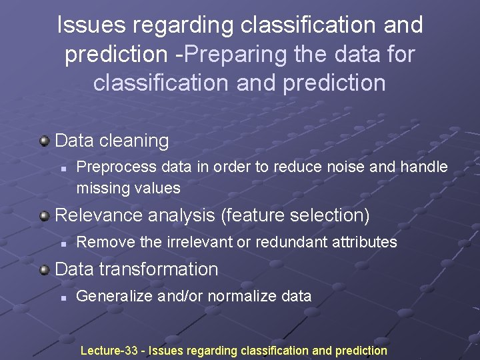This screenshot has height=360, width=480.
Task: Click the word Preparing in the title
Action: pyautogui.click(x=227, y=54)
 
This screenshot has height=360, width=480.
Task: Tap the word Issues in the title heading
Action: pyautogui.click(x=90, y=25)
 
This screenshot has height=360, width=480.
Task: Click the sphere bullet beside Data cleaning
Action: pyautogui.click(x=45, y=141)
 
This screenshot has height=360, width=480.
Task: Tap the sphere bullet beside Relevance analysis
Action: pyautogui.click(x=45, y=215)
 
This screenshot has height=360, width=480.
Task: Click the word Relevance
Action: pyautogui.click(x=97, y=215)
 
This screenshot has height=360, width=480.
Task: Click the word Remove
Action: pyautogui.click(x=106, y=242)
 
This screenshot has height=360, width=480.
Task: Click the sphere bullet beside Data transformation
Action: pyautogui.click(x=45, y=269)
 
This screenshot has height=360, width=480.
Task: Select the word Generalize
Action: pyautogui.click(x=115, y=296)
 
